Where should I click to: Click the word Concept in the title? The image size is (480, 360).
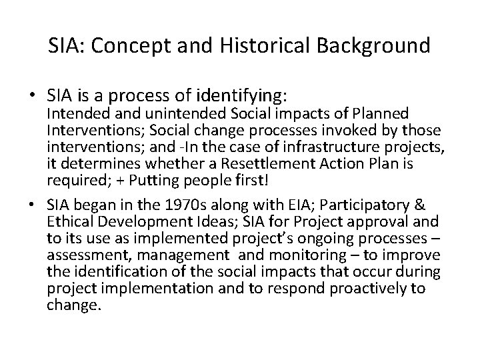tap(128, 47)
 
